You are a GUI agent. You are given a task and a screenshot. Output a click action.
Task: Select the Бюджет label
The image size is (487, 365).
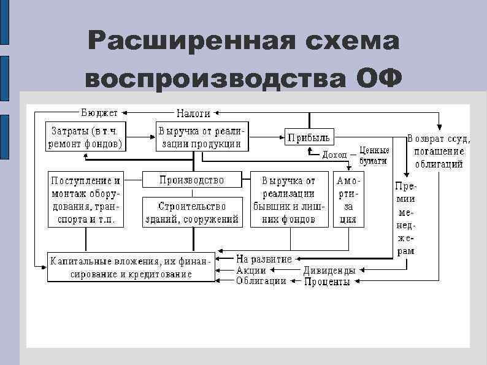100,113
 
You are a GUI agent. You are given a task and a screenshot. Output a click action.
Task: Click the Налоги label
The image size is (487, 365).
194,113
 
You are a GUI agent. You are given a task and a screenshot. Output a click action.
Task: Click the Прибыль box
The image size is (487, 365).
309,136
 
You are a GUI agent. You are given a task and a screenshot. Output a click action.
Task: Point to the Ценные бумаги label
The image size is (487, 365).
374,154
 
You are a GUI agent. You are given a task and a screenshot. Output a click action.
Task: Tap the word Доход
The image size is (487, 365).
334,155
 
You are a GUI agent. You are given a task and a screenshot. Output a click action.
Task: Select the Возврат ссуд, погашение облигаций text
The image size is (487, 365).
439,152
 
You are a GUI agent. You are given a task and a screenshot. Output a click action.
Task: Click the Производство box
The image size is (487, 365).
192,180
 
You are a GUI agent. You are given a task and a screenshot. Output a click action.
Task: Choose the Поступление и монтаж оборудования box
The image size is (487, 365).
86,200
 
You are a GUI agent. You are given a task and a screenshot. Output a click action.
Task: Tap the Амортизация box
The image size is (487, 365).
348,200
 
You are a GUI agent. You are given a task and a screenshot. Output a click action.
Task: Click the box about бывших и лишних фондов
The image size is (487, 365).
288,200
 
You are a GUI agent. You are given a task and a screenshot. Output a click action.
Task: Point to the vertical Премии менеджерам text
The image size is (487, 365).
405,218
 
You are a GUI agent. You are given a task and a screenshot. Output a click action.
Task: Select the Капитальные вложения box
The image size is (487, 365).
131,267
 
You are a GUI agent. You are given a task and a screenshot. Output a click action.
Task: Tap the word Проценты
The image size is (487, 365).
328,282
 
